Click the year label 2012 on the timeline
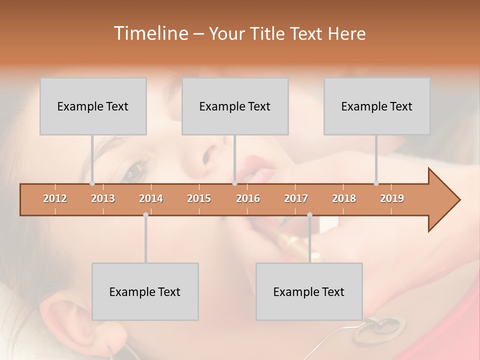coord(55,198)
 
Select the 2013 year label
coord(103,198)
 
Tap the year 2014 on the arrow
coord(151,198)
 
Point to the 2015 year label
coord(199,198)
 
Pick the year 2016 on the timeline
coord(248,198)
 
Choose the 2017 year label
coord(296,198)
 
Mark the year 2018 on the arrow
coord(344,198)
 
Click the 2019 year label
coord(392,198)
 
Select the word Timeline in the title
coord(149,33)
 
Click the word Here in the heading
coord(346,33)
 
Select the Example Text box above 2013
coord(93,106)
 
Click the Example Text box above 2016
coord(235,106)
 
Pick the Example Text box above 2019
coord(377,106)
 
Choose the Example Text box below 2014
coord(145,291)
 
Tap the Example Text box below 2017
coord(309,291)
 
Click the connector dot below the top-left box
coord(92,183)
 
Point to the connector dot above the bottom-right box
coord(309,215)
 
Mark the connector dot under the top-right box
coord(376,183)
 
